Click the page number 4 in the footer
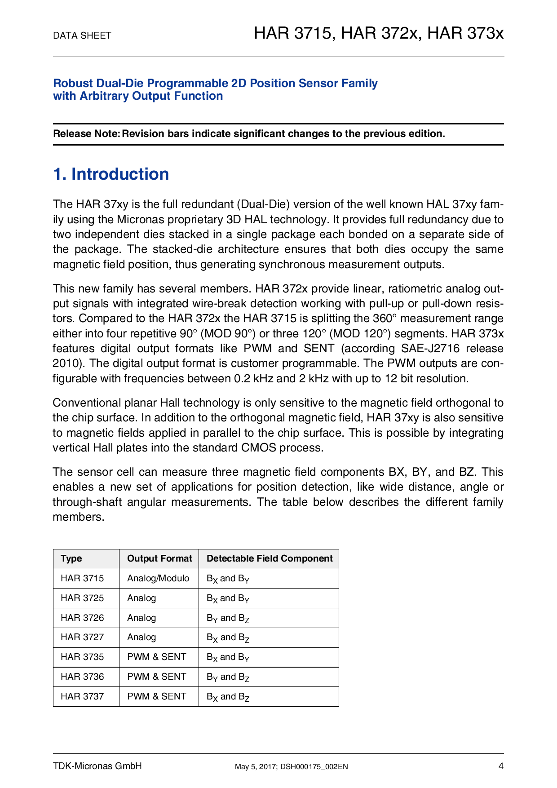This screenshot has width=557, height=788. point(501,766)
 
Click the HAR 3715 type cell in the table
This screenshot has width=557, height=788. point(82,578)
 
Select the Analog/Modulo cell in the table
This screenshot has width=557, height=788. point(158,578)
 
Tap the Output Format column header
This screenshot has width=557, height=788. point(159,558)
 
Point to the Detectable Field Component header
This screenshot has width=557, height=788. point(270,558)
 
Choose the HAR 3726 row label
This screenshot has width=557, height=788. point(82,618)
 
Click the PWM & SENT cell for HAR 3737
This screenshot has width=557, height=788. point(156,696)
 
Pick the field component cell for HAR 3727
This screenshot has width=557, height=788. point(228,637)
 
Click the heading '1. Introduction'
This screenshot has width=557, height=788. point(111,174)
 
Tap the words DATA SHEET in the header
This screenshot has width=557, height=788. point(82,35)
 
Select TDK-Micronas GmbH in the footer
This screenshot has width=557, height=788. point(97,766)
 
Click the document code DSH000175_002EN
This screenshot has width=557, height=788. point(314,767)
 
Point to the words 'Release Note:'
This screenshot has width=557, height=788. point(86,134)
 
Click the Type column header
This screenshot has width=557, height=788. point(71,558)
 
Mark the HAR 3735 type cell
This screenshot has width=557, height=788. point(82,657)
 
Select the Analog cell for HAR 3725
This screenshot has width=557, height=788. point(141,598)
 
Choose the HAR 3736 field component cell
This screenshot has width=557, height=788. point(228,677)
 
